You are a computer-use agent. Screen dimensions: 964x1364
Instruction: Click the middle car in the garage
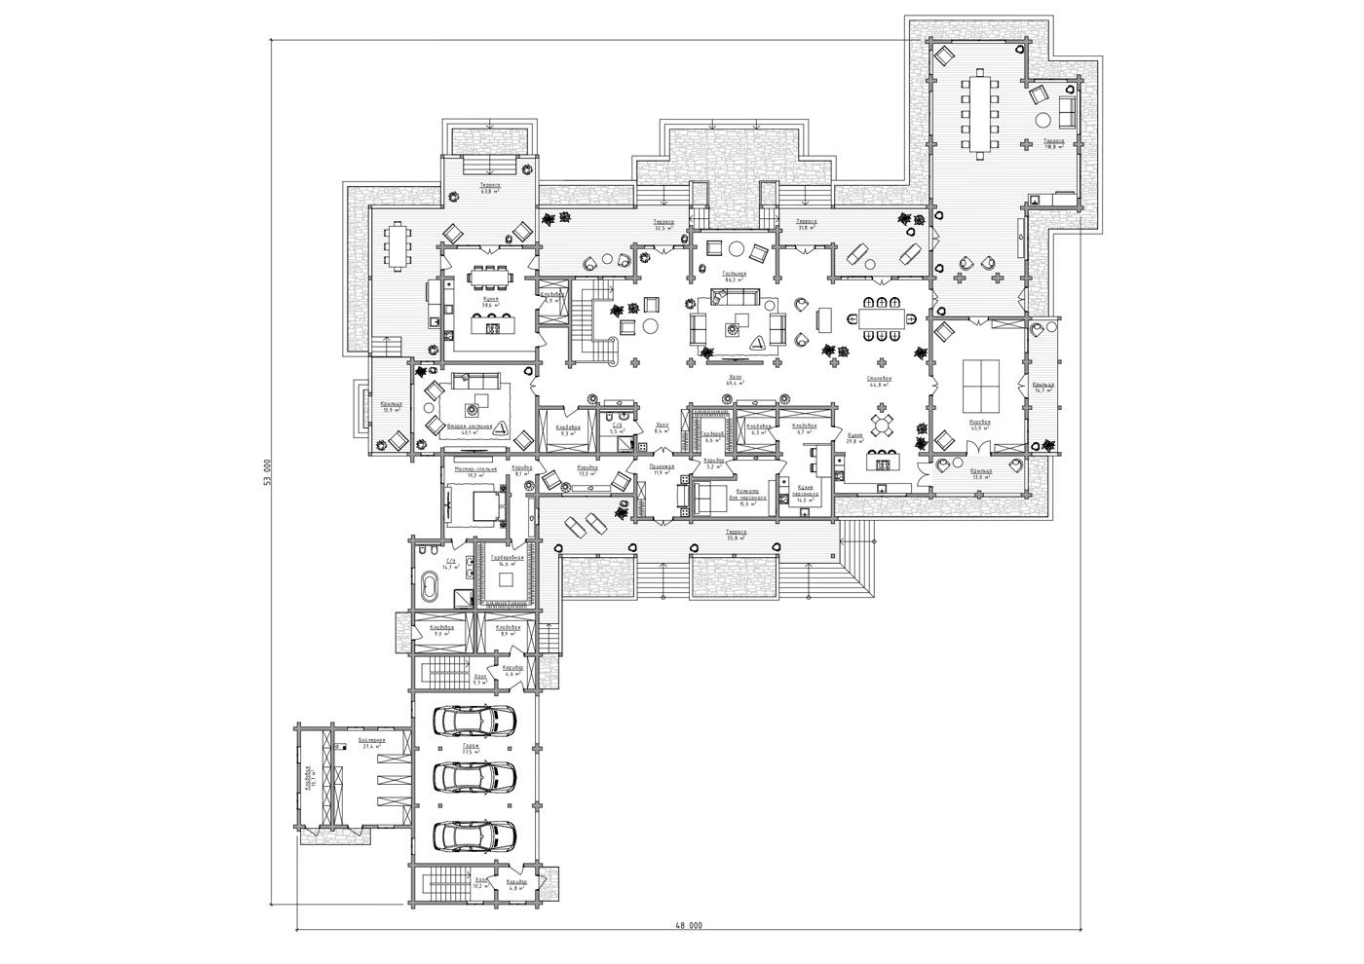click(x=475, y=776)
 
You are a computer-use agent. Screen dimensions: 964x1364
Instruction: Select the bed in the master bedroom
click(x=478, y=504)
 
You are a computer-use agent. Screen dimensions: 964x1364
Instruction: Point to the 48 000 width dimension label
click(x=687, y=925)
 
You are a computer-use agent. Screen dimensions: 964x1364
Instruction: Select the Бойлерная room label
click(x=371, y=740)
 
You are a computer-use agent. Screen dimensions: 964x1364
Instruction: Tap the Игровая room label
click(x=979, y=422)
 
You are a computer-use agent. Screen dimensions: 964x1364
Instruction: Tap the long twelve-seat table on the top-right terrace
click(x=980, y=114)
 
